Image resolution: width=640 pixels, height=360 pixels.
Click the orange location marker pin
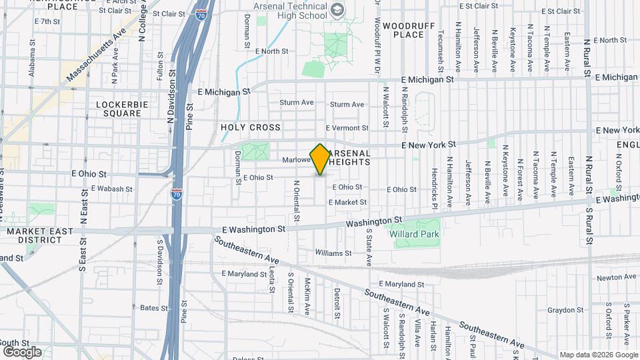tap(320, 159)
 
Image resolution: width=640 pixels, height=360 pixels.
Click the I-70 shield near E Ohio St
tap(176, 194)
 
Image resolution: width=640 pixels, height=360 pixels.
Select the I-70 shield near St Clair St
tap(201, 11)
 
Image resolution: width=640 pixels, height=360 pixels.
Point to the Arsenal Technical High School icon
tap(338, 9)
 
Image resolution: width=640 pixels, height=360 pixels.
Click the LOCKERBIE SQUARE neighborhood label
tap(119, 109)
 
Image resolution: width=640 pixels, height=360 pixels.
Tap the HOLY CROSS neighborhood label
tap(251, 127)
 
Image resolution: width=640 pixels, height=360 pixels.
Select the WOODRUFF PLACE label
tap(405, 29)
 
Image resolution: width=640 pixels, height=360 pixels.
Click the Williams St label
tap(333, 253)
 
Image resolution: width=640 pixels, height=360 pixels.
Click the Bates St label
tap(154, 307)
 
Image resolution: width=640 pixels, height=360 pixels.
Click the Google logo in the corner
tap(21, 351)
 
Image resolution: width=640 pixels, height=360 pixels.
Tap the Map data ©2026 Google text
tap(597, 355)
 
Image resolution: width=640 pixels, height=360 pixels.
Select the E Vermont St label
tap(347, 128)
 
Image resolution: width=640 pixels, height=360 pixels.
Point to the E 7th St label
tap(47, 21)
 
